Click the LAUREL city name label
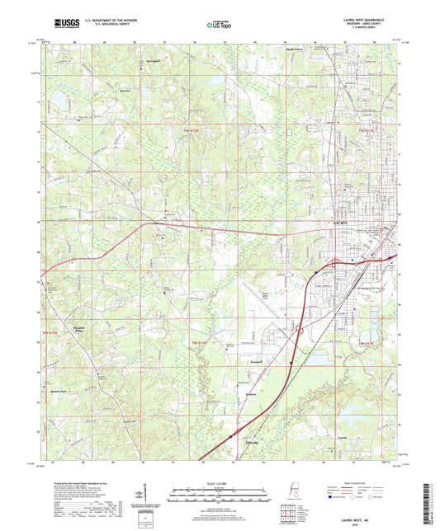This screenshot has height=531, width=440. pyautogui.click(x=340, y=222)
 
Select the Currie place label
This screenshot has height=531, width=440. pyautogui.click(x=343, y=438)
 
